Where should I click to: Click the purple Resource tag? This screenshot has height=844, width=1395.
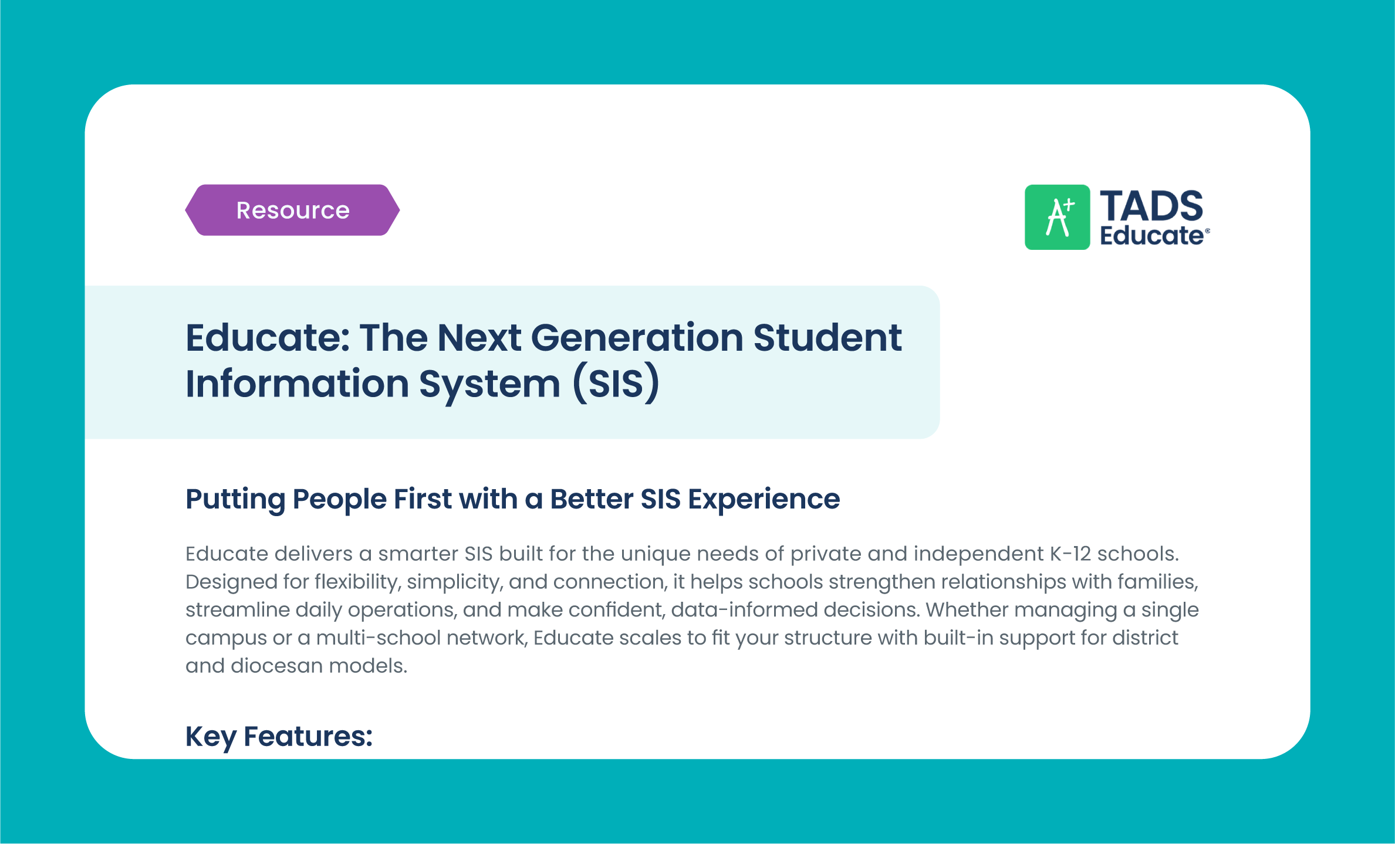point(292,210)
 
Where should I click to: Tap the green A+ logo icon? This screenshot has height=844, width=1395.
point(1057,217)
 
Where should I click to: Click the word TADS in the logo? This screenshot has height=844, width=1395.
point(1151,206)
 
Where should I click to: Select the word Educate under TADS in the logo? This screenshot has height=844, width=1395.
point(1151,236)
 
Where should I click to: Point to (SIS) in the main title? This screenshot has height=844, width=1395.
point(616,384)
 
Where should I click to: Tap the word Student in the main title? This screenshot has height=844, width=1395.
point(827,338)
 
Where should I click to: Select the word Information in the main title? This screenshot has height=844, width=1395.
point(297,384)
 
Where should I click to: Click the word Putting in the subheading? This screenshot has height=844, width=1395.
point(235,500)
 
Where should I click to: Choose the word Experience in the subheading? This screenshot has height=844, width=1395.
point(764,500)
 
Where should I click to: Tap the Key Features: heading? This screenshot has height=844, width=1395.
point(279,737)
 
